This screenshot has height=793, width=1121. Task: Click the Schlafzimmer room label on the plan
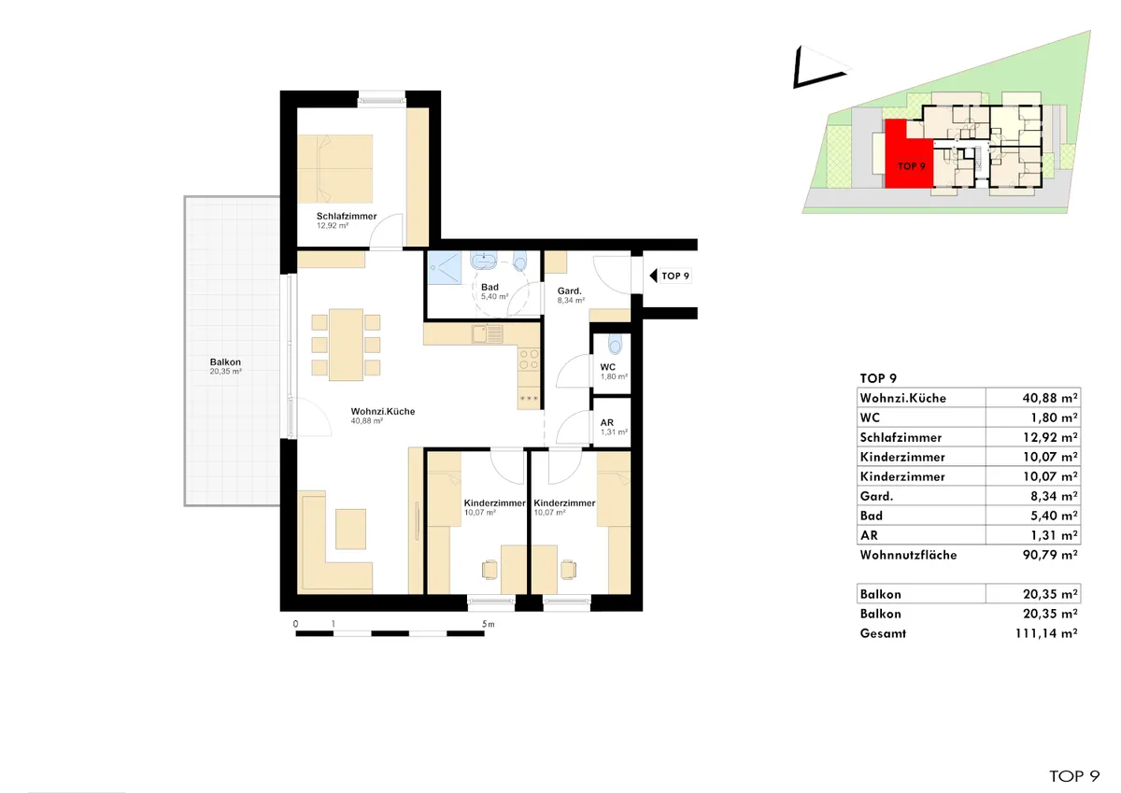[347, 216]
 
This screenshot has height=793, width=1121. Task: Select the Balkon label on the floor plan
[225, 361]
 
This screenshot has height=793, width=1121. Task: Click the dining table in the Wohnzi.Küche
[346, 345]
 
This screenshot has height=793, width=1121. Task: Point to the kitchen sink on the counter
[487, 334]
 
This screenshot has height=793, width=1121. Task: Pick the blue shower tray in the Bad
[444, 268]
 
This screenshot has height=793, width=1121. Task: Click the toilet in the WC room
[615, 345]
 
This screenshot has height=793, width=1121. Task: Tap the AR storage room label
[607, 423]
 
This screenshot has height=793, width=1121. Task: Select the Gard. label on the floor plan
[570, 290]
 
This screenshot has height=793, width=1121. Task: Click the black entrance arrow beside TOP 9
[653, 276]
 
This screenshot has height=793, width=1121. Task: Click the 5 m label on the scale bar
[488, 624]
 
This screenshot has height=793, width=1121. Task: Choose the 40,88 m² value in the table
[1049, 398]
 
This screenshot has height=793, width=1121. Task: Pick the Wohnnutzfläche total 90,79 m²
[1049, 555]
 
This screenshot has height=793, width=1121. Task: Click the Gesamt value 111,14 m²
[1046, 633]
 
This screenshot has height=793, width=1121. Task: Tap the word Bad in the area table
[872, 516]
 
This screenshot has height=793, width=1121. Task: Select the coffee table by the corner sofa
[350, 529]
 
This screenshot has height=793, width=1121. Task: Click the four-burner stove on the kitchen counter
[529, 360]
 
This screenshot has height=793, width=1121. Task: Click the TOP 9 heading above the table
[878, 378]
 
